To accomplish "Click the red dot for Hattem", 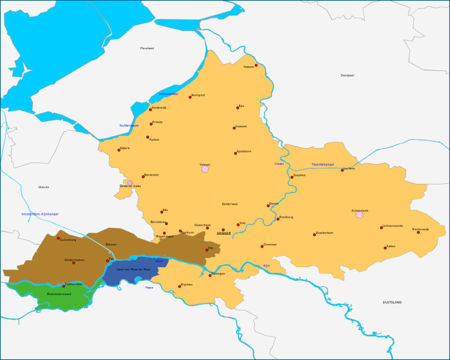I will (x=256, y=65).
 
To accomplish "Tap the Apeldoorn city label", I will (x=244, y=151).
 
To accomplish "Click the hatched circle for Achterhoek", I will (x=359, y=214).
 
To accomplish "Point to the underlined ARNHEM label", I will (x=224, y=233).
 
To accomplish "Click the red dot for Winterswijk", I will (x=418, y=232).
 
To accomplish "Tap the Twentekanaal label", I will (x=322, y=165).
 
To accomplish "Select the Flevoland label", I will (x=147, y=48).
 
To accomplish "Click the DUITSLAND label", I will (x=392, y=303).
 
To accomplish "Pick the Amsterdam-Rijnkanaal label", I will (x=40, y=214).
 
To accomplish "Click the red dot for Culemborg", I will (x=58, y=238).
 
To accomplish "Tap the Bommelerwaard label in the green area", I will (x=59, y=294).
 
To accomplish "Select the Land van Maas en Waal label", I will (x=133, y=269).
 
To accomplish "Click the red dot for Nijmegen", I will (x=210, y=275).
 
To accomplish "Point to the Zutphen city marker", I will (x=292, y=177).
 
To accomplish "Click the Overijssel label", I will (x=347, y=75).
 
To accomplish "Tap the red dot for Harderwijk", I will (x=150, y=109).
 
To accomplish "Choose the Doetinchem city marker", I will (x=314, y=235).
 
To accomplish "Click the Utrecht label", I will (x=43, y=187).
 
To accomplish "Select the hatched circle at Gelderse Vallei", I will (x=130, y=182).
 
